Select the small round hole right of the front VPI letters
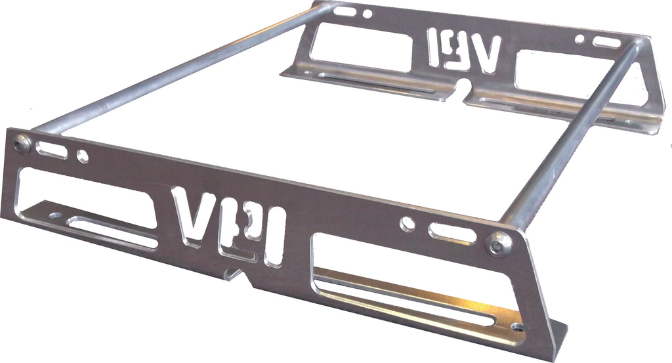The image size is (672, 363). (x=408, y=223)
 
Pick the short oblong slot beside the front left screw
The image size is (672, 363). (x=51, y=150)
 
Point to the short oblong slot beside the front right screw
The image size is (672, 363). (x=452, y=233)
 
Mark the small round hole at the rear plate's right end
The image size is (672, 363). (x=579, y=39)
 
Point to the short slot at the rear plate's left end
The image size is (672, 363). (x=345, y=11)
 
